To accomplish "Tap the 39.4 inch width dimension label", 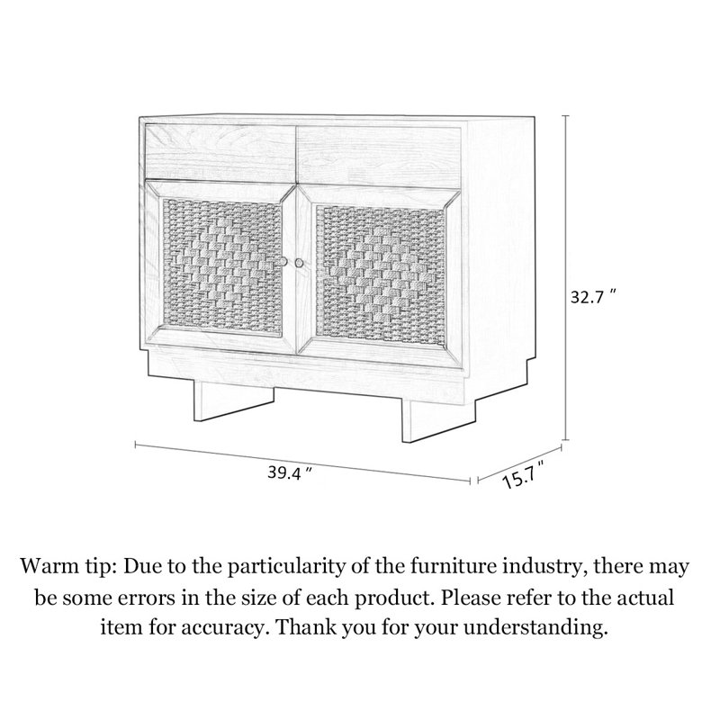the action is point(290,472).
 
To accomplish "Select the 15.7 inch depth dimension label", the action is point(525,474).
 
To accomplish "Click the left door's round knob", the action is point(283,262).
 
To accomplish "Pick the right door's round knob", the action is point(300,263).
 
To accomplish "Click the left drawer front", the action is point(220,151).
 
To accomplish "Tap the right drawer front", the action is point(379,156).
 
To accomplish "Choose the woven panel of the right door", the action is point(381,275).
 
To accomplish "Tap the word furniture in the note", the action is point(461,567).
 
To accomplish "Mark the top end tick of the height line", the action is point(566,116).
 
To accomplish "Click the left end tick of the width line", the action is point(136,445).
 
